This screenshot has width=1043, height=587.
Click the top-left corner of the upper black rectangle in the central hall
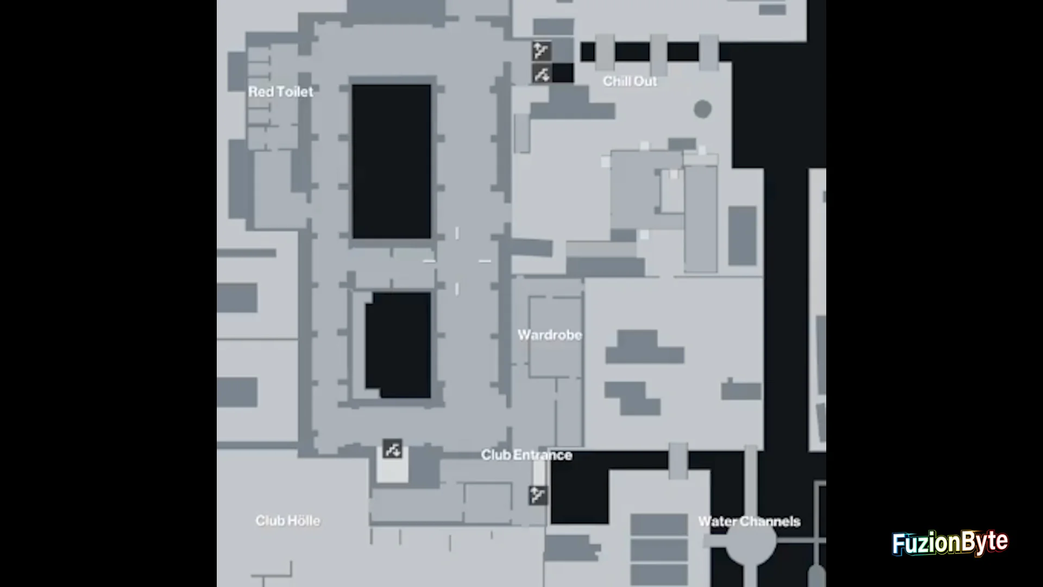352,85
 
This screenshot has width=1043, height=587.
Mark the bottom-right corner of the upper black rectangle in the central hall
431,239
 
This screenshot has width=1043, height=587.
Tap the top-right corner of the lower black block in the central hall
431,293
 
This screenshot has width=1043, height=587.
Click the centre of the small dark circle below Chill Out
702,109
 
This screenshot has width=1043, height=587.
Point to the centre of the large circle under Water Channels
751,541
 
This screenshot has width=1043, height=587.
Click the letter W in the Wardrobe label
525,335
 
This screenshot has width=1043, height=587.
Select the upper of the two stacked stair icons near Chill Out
542,51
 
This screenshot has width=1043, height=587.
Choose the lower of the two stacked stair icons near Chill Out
542,73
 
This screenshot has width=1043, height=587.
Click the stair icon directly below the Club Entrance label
538,495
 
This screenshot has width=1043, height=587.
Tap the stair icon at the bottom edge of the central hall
392,449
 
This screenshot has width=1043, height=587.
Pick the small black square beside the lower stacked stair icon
563,73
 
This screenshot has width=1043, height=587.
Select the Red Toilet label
281,91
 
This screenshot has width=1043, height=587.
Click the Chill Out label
630,82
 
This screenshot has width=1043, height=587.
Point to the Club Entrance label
526,455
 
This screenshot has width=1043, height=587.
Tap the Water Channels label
749,521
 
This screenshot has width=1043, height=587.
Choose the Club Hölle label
288,521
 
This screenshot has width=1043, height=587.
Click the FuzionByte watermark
950,543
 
